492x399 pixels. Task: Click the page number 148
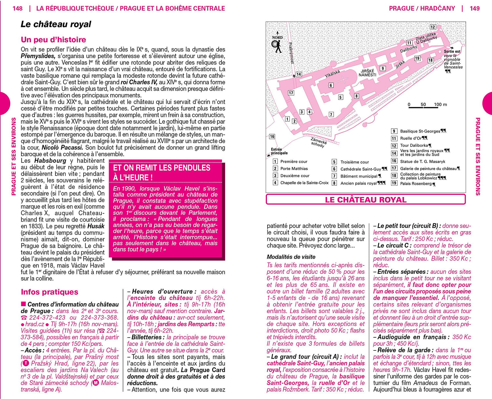click(x=18, y=8)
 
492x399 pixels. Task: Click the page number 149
click(x=474, y=8)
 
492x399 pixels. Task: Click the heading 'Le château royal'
click(x=56, y=24)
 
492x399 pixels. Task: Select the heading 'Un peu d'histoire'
click(x=53, y=40)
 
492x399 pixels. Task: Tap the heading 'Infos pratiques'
click(x=50, y=292)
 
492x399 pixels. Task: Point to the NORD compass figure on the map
click(x=277, y=45)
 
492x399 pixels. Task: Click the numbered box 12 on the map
click(x=433, y=27)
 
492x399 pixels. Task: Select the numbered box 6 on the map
click(x=331, y=85)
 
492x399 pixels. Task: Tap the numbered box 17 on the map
click(x=291, y=93)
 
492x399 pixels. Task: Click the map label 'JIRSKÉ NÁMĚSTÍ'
click(x=367, y=73)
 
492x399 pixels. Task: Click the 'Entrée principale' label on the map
click(x=279, y=151)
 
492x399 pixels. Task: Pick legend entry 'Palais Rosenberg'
click(x=416, y=183)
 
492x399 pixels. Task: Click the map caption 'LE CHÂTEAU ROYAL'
click(x=365, y=199)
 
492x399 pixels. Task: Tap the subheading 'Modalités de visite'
click(x=291, y=257)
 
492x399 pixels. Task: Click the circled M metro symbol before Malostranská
click(x=95, y=383)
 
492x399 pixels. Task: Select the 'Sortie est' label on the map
click(x=452, y=52)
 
